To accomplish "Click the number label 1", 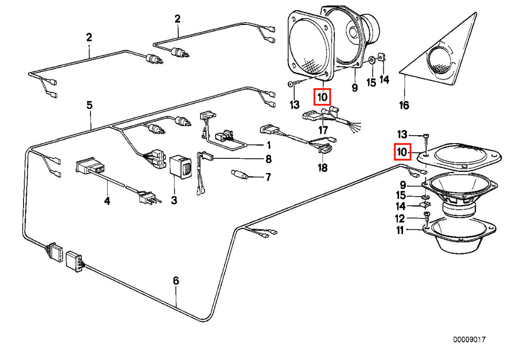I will (268, 145).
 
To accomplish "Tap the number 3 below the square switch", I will (174, 200).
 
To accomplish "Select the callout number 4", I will (107, 201).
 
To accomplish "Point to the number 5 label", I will (89, 106).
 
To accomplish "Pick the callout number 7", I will (268, 177).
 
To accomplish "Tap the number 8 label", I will (268, 160).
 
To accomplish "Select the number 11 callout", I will (399, 230).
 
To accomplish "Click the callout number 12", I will (399, 218).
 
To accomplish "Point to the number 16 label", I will (404, 106).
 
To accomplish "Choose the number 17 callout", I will (323, 131).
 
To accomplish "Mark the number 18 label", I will (322, 168).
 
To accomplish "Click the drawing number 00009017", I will (469, 339).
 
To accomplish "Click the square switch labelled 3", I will (181, 167).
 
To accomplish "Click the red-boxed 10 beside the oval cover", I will (402, 152).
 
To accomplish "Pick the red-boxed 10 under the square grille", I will (322, 97).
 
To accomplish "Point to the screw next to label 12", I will (427, 217).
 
